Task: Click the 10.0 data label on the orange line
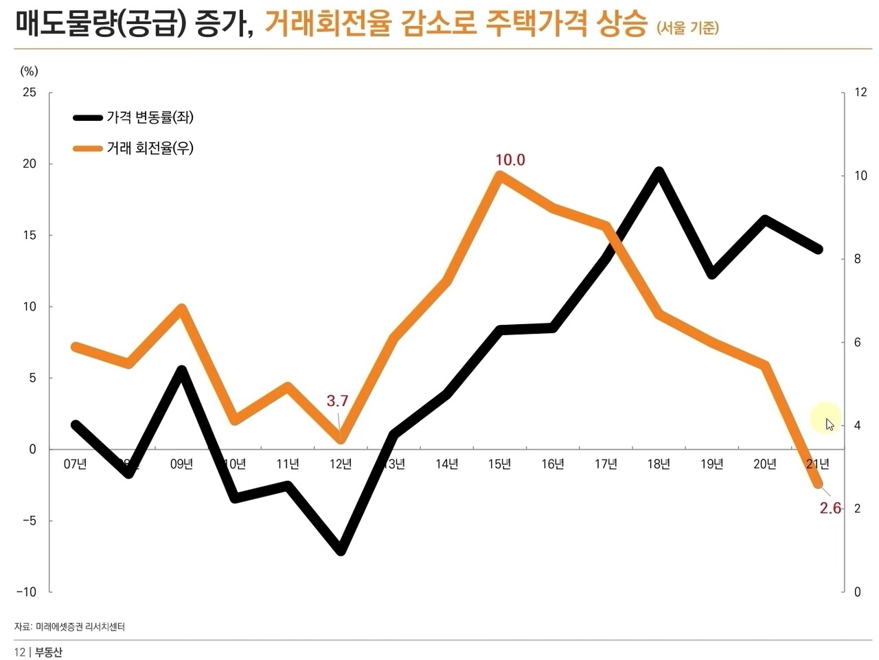tap(510, 160)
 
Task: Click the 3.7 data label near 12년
tap(337, 401)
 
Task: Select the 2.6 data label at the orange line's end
tap(830, 508)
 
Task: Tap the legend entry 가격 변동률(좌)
tap(150, 117)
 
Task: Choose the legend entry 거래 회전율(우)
tap(150, 148)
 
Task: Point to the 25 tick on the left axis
tap(30, 92)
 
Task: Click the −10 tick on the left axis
tap(27, 591)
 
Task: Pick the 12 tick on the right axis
tap(860, 92)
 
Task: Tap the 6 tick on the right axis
tap(857, 342)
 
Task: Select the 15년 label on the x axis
tap(499, 464)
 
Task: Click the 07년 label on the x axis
tap(76, 464)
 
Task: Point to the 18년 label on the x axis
tap(659, 464)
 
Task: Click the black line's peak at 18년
tap(659, 172)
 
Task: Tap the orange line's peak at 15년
tap(499, 176)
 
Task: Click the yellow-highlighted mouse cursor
tap(826, 420)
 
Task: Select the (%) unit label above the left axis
tap(30, 71)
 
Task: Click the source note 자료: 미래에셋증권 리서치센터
tap(69, 626)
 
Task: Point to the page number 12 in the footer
tap(19, 652)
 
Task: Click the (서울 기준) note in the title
tap(687, 27)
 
